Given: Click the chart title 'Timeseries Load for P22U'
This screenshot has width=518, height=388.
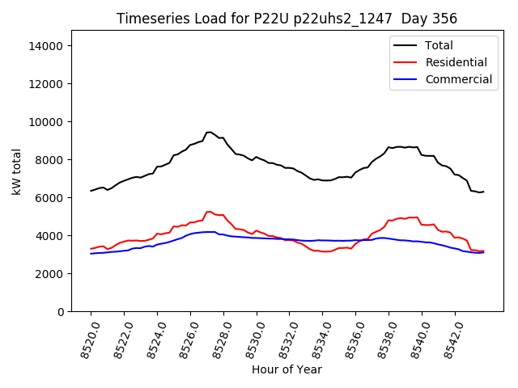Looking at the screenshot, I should [x=287, y=19].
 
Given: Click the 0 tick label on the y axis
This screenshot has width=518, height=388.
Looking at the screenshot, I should [x=60, y=312].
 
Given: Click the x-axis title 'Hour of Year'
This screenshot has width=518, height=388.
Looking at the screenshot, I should [x=287, y=369].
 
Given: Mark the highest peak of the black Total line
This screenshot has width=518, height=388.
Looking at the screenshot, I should [x=209, y=132].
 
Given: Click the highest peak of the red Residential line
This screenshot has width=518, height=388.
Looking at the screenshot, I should [x=209, y=212].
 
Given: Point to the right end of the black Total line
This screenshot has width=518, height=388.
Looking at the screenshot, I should [x=483, y=192].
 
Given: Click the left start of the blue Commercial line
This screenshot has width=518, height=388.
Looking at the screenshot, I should [x=91, y=254].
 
